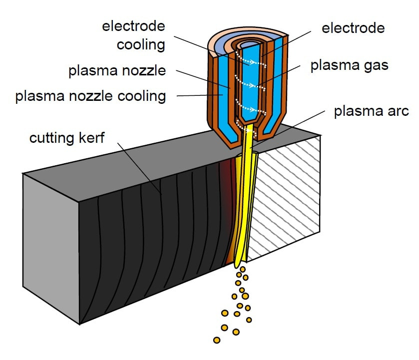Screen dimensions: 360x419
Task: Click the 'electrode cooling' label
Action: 133,35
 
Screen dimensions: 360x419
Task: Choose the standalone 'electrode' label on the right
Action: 353,28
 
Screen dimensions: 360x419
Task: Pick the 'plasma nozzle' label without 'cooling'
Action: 116,70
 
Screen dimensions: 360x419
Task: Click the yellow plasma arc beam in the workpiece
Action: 243,210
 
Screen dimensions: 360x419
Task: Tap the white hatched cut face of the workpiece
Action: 285,200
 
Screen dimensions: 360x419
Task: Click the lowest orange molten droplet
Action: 216,340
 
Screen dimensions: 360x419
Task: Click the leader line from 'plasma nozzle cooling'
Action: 195,95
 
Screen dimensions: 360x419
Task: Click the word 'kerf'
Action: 92,138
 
